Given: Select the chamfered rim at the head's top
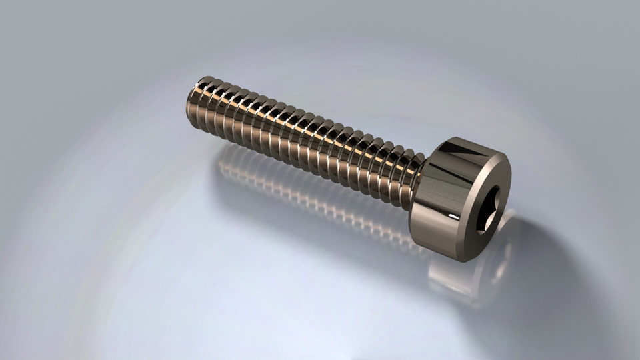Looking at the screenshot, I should click(x=480, y=151).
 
